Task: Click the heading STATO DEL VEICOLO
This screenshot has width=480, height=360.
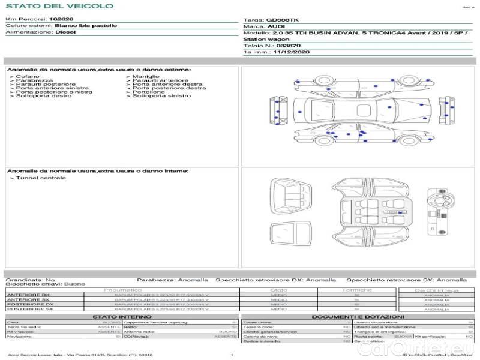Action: tap(59, 6)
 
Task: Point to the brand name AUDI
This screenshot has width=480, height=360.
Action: tap(276, 27)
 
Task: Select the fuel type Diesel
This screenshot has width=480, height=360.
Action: tap(65, 32)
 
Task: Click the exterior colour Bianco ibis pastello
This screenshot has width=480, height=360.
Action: tap(86, 26)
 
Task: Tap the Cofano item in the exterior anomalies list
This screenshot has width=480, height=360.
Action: tap(28, 77)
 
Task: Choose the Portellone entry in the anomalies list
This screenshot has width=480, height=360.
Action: tap(148, 92)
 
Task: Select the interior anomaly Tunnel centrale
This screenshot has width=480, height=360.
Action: tap(41, 178)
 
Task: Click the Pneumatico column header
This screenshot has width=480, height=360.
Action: tap(122, 290)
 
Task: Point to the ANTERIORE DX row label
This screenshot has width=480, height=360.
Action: tap(28, 295)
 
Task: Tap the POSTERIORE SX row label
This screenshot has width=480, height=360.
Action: tap(29, 309)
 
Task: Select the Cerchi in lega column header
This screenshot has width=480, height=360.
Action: tap(436, 290)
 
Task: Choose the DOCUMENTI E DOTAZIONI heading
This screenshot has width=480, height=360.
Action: tap(358, 316)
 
